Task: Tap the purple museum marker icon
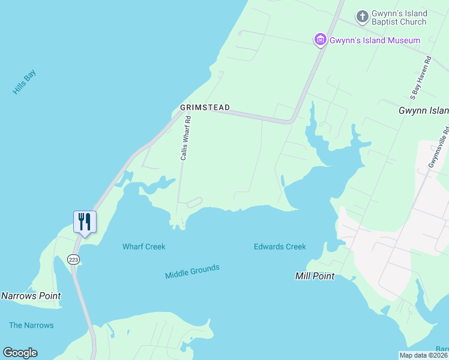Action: click(x=321, y=40)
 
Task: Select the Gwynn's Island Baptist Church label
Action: click(x=399, y=18)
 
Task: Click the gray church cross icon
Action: click(x=362, y=16)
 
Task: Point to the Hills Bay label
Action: click(x=25, y=83)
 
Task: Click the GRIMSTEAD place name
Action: click(x=205, y=107)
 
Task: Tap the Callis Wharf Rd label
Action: click(x=186, y=138)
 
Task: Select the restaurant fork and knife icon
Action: click(x=85, y=221)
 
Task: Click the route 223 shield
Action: click(x=73, y=259)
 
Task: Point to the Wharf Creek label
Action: click(x=143, y=247)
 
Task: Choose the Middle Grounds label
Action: click(x=192, y=272)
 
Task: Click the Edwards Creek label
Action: click(x=280, y=247)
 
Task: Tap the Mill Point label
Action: click(x=315, y=277)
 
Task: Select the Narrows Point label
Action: click(x=31, y=296)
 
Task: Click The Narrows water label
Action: click(x=31, y=325)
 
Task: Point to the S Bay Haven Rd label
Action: click(x=420, y=78)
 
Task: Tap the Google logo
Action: click(x=20, y=353)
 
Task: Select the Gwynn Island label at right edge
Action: click(x=424, y=110)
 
